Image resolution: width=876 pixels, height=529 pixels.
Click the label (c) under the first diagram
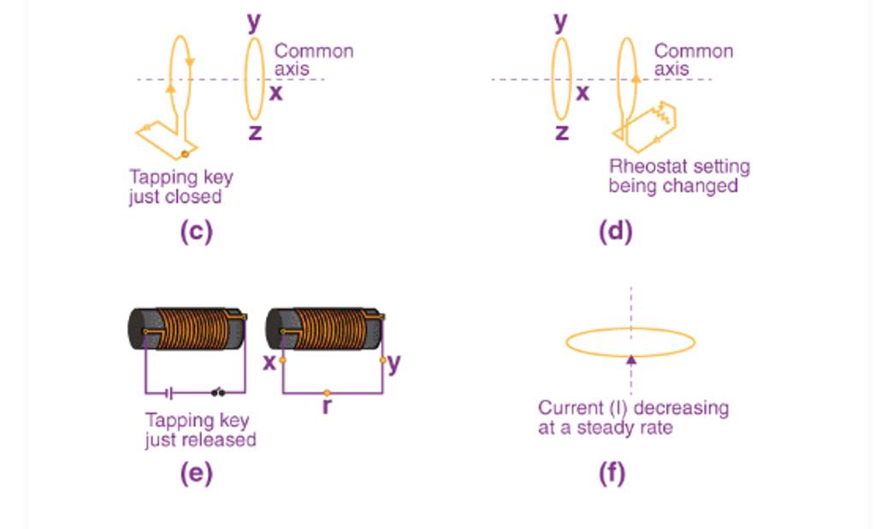[x=196, y=231]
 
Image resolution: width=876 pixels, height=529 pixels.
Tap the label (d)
[x=615, y=231]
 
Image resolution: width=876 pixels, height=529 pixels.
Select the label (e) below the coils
[x=196, y=473]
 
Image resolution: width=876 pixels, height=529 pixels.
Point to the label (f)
[x=612, y=473]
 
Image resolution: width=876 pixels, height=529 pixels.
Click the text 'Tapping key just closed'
[x=181, y=187]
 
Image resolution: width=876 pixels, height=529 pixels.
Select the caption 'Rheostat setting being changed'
[x=678, y=175]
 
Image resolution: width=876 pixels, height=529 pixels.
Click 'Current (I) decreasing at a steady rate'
[x=633, y=417]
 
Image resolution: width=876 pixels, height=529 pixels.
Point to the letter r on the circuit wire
[x=327, y=406]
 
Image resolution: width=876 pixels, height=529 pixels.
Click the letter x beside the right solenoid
[x=269, y=362]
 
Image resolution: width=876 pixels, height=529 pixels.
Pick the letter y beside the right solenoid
[x=394, y=362]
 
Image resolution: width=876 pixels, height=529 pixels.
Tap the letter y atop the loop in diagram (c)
[x=254, y=21]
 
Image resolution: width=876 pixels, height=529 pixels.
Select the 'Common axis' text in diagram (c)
[x=313, y=59]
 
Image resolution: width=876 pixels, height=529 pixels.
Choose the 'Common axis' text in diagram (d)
[x=693, y=59]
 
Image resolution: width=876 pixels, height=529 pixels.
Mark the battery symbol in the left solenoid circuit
[x=170, y=393]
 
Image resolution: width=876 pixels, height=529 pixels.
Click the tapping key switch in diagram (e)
[x=219, y=393]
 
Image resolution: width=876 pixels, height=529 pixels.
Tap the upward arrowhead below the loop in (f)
[x=631, y=360]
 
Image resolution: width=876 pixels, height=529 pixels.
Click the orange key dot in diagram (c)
[x=184, y=155]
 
